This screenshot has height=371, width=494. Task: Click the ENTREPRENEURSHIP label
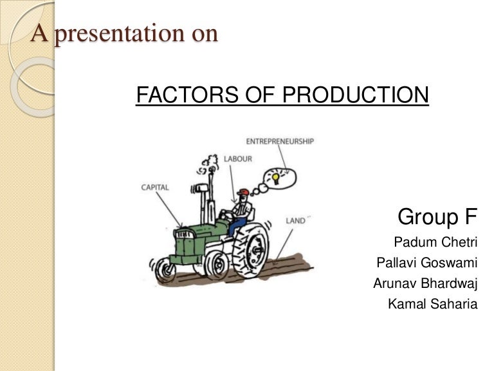[280, 142]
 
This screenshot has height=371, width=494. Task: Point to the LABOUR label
[238, 158]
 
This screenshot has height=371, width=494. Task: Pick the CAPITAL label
[155, 187]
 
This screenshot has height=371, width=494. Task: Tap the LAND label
[297, 221]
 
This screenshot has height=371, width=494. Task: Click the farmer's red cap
[242, 193]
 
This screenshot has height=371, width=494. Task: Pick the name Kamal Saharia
[433, 303]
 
